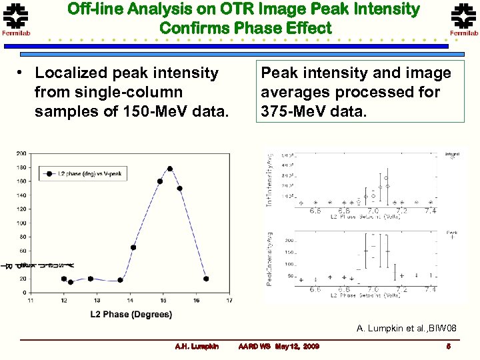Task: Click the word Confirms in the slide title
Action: (x=194, y=28)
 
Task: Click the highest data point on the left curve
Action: (x=170, y=169)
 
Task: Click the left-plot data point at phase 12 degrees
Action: (x=64, y=279)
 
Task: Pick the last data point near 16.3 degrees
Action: (x=206, y=279)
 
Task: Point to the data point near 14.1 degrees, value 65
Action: (x=133, y=247)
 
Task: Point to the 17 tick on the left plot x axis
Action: (x=229, y=301)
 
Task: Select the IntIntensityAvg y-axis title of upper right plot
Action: (x=270, y=179)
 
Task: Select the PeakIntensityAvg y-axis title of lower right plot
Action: (x=270, y=258)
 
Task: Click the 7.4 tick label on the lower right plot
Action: (x=431, y=290)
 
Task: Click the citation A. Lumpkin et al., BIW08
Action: (x=407, y=328)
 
